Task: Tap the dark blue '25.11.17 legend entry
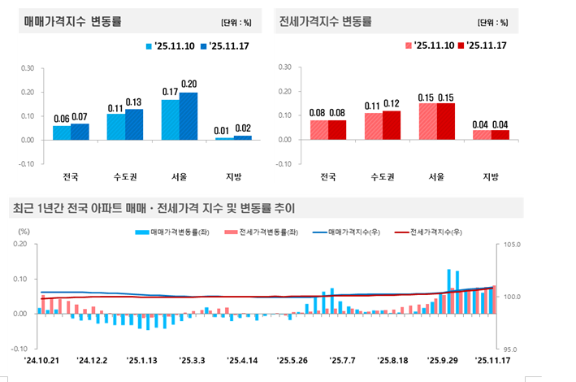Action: pos(223,46)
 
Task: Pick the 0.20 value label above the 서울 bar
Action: pos(188,85)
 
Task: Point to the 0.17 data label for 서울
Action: pos(170,92)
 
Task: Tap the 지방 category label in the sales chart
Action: pos(233,176)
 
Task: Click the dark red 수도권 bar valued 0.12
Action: pos(391,125)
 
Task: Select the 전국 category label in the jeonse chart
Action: pos(328,176)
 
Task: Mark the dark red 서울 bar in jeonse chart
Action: pos(445,121)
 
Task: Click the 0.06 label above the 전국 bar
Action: pos(62,119)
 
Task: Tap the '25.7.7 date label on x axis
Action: pos(343,359)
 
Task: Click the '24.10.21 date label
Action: pos(42,359)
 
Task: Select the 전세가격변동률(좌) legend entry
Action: pos(262,232)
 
